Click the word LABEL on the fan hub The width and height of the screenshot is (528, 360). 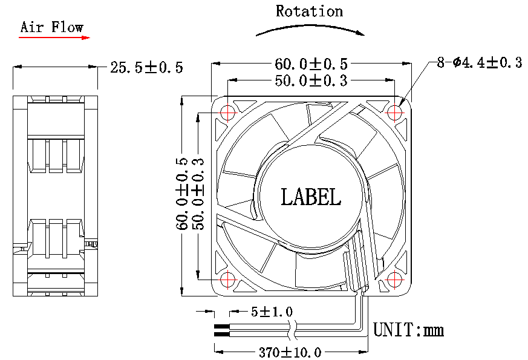[x=311, y=196]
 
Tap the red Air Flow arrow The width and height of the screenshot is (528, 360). [x=54, y=38]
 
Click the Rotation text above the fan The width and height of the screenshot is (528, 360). [x=309, y=11]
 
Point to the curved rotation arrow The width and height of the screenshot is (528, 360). [x=310, y=27]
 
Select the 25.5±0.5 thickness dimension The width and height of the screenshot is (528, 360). [x=146, y=67]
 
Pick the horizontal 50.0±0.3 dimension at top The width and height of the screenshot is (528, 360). [x=311, y=80]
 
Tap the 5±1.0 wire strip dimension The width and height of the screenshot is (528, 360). [x=272, y=312]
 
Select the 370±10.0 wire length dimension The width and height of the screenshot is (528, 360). [x=290, y=352]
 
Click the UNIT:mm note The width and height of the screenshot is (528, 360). [x=409, y=330]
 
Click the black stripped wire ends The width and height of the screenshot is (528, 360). [x=221, y=330]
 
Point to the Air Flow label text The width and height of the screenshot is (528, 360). [x=51, y=27]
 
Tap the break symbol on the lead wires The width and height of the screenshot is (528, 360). [x=292, y=330]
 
